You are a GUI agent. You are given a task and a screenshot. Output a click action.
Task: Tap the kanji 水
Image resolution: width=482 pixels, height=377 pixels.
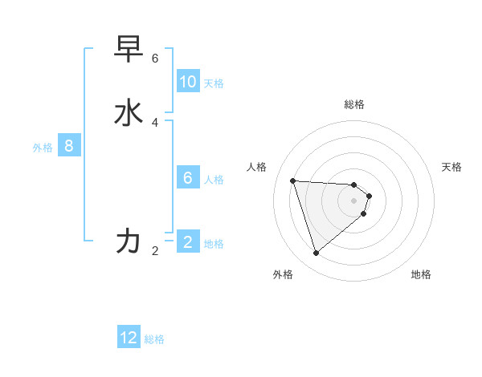click(x=129, y=113)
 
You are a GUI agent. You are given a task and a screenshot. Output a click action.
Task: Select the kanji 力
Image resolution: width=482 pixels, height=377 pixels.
click(x=129, y=241)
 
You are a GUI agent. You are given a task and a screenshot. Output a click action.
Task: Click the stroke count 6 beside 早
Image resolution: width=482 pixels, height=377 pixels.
click(x=155, y=59)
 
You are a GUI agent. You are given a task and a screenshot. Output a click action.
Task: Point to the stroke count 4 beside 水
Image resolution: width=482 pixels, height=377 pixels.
click(x=155, y=122)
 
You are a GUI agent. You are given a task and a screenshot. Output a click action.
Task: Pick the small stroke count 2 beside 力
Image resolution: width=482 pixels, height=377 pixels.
click(x=155, y=251)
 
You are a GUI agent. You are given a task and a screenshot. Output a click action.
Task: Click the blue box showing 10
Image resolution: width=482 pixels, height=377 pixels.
click(x=188, y=82)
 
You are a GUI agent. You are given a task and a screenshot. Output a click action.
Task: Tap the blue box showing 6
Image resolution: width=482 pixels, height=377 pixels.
click(x=188, y=178)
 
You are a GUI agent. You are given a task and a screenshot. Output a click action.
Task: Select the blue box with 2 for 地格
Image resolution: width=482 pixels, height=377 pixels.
click(x=188, y=242)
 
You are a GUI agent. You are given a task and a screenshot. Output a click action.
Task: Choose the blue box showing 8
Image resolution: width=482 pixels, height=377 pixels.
click(x=69, y=146)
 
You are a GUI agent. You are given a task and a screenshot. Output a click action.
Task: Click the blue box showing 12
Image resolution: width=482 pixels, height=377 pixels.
click(x=129, y=338)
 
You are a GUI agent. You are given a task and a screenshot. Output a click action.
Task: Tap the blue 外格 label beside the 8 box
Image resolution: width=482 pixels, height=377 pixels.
click(x=43, y=148)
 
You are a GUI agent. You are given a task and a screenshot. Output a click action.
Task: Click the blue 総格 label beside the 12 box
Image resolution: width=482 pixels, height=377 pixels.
click(x=154, y=339)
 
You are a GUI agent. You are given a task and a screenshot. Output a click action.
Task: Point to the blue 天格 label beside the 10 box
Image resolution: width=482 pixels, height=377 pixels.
click(x=214, y=83)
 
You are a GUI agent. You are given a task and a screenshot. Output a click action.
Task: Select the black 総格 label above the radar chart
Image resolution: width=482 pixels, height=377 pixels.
click(x=354, y=104)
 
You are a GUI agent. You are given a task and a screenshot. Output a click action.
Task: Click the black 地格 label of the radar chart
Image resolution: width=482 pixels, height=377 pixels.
click(x=421, y=274)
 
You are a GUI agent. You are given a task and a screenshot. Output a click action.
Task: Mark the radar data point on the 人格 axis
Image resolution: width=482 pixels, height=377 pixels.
click(x=293, y=180)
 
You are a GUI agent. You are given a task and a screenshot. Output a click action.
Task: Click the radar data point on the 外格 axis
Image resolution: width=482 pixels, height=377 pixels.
click(x=316, y=253)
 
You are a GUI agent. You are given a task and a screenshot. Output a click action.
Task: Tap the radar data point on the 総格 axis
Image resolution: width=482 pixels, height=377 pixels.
click(x=354, y=184)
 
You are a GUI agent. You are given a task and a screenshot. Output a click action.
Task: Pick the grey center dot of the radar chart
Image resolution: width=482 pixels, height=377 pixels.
click(x=354, y=211)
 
